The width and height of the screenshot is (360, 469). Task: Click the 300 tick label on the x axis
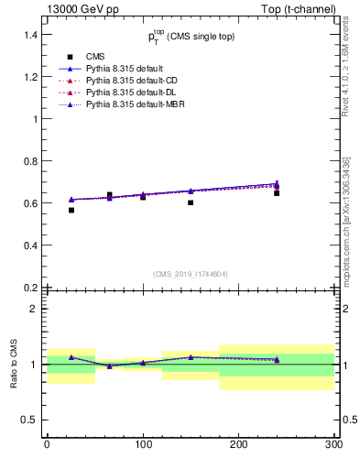pyautogui.click(x=333, y=444)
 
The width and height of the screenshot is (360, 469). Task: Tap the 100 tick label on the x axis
pyautogui.click(x=142, y=444)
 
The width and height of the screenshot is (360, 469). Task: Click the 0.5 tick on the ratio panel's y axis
pyautogui.click(x=27, y=420)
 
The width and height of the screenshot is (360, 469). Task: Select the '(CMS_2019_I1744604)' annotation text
pyautogui.click(x=190, y=273)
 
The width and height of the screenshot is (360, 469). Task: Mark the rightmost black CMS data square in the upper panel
pyautogui.click(x=277, y=193)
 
